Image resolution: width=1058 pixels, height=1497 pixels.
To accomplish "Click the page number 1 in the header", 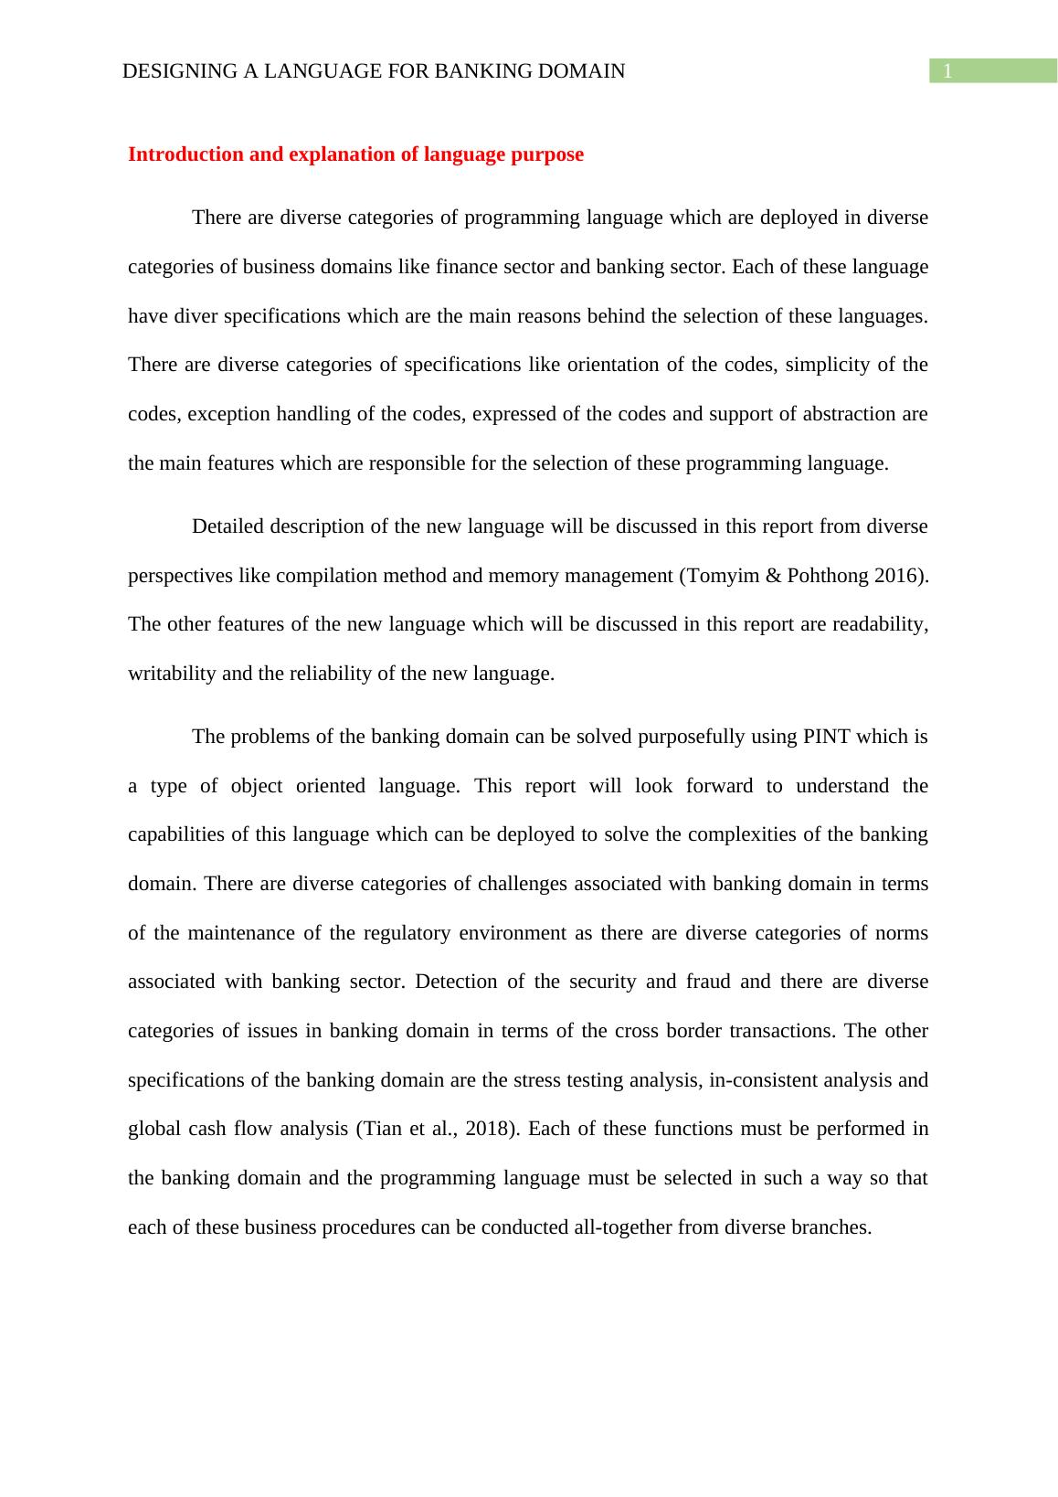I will click(x=947, y=71).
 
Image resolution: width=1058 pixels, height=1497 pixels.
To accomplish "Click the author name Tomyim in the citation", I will click(x=714, y=576).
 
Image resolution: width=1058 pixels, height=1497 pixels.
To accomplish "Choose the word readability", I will click(x=880, y=624).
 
